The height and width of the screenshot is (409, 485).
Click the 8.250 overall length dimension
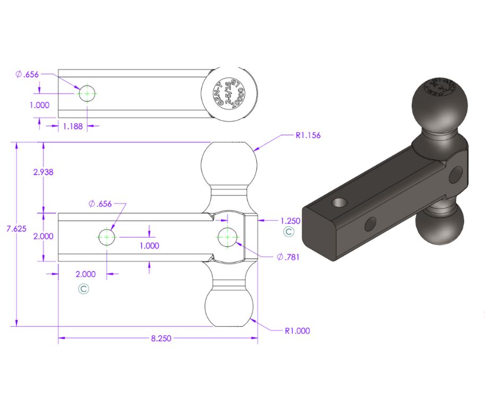(x=161, y=338)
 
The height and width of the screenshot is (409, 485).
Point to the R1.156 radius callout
(x=308, y=135)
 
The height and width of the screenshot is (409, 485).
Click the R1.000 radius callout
(x=297, y=330)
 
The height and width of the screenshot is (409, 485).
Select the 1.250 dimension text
(x=290, y=220)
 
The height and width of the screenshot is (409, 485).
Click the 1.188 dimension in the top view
(x=73, y=126)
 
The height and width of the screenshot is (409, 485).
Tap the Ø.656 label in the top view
(x=28, y=74)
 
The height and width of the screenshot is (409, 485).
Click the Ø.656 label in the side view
(x=100, y=203)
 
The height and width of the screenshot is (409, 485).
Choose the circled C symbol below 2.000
(x=83, y=289)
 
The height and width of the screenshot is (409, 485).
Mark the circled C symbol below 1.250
(x=288, y=232)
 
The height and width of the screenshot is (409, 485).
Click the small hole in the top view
(x=87, y=94)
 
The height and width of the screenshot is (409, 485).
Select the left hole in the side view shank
(x=107, y=237)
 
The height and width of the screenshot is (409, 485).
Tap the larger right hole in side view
(x=228, y=237)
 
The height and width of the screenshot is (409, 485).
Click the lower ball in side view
(x=229, y=307)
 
